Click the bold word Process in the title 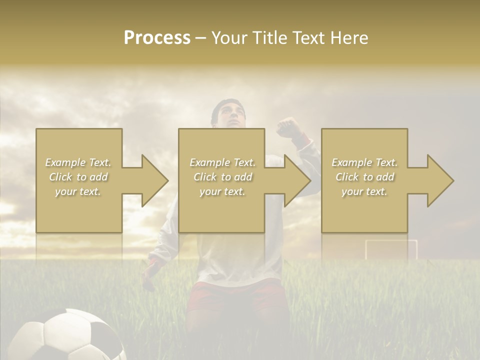coord(157,38)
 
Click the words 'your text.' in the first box coord(78,191)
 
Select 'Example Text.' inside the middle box coord(222,162)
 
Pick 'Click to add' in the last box coord(365,177)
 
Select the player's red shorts coord(235,300)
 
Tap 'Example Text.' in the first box coord(78,162)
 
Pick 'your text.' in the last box coord(365,191)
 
